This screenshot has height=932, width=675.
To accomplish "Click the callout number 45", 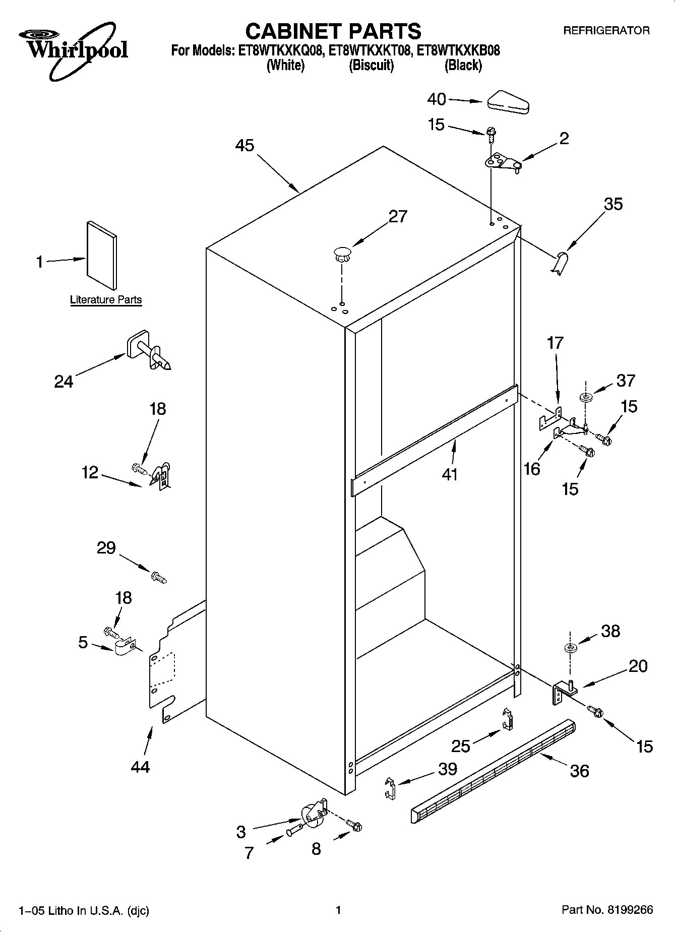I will pos(245,146).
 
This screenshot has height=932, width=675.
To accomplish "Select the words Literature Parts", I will pos(106,300).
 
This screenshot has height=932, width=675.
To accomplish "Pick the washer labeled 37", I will pos(586,398).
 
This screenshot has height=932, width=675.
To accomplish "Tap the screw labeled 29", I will pos(158,577).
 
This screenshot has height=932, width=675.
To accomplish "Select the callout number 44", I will pos(140,767).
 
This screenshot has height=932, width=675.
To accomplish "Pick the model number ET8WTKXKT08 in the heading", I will pos(371,51).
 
